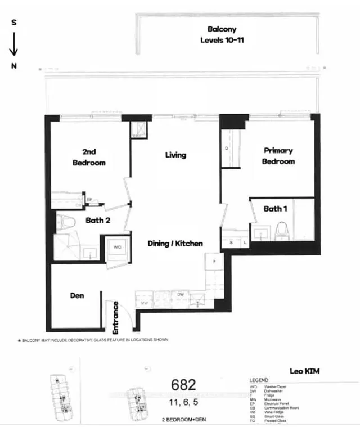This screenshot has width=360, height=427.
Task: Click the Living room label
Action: tap(175, 155)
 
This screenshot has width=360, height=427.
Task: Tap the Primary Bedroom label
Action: tap(278, 156)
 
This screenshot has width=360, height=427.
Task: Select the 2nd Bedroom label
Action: tap(89, 157)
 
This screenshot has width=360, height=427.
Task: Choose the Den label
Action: tap(77, 295)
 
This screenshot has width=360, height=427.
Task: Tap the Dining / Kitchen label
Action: tap(175, 244)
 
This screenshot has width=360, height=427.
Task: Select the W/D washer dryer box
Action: tap(118, 248)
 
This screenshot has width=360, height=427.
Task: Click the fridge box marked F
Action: tap(214, 262)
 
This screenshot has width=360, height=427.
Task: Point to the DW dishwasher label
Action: tap(181, 294)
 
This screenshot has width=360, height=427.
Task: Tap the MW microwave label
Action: tap(145, 302)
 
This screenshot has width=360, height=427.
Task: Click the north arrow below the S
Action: tap(14, 45)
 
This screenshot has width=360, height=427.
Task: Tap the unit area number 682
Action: tap(183, 385)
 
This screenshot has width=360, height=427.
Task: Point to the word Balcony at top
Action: tap(222, 29)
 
